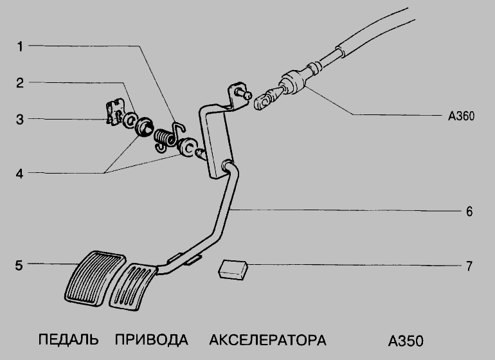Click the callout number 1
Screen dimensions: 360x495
pos(21,46)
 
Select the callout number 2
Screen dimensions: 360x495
pos(21,83)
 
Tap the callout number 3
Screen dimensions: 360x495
pos(21,119)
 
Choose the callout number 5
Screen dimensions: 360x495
pos(21,264)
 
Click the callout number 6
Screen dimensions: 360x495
pos(469,210)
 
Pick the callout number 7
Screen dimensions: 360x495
pos(469,264)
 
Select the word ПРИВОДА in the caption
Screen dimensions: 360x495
pos(152,339)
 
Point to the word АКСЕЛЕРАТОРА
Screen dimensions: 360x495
pos(268,339)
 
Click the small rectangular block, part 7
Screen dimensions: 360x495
pos(233,269)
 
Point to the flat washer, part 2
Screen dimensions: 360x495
pos(129,120)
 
